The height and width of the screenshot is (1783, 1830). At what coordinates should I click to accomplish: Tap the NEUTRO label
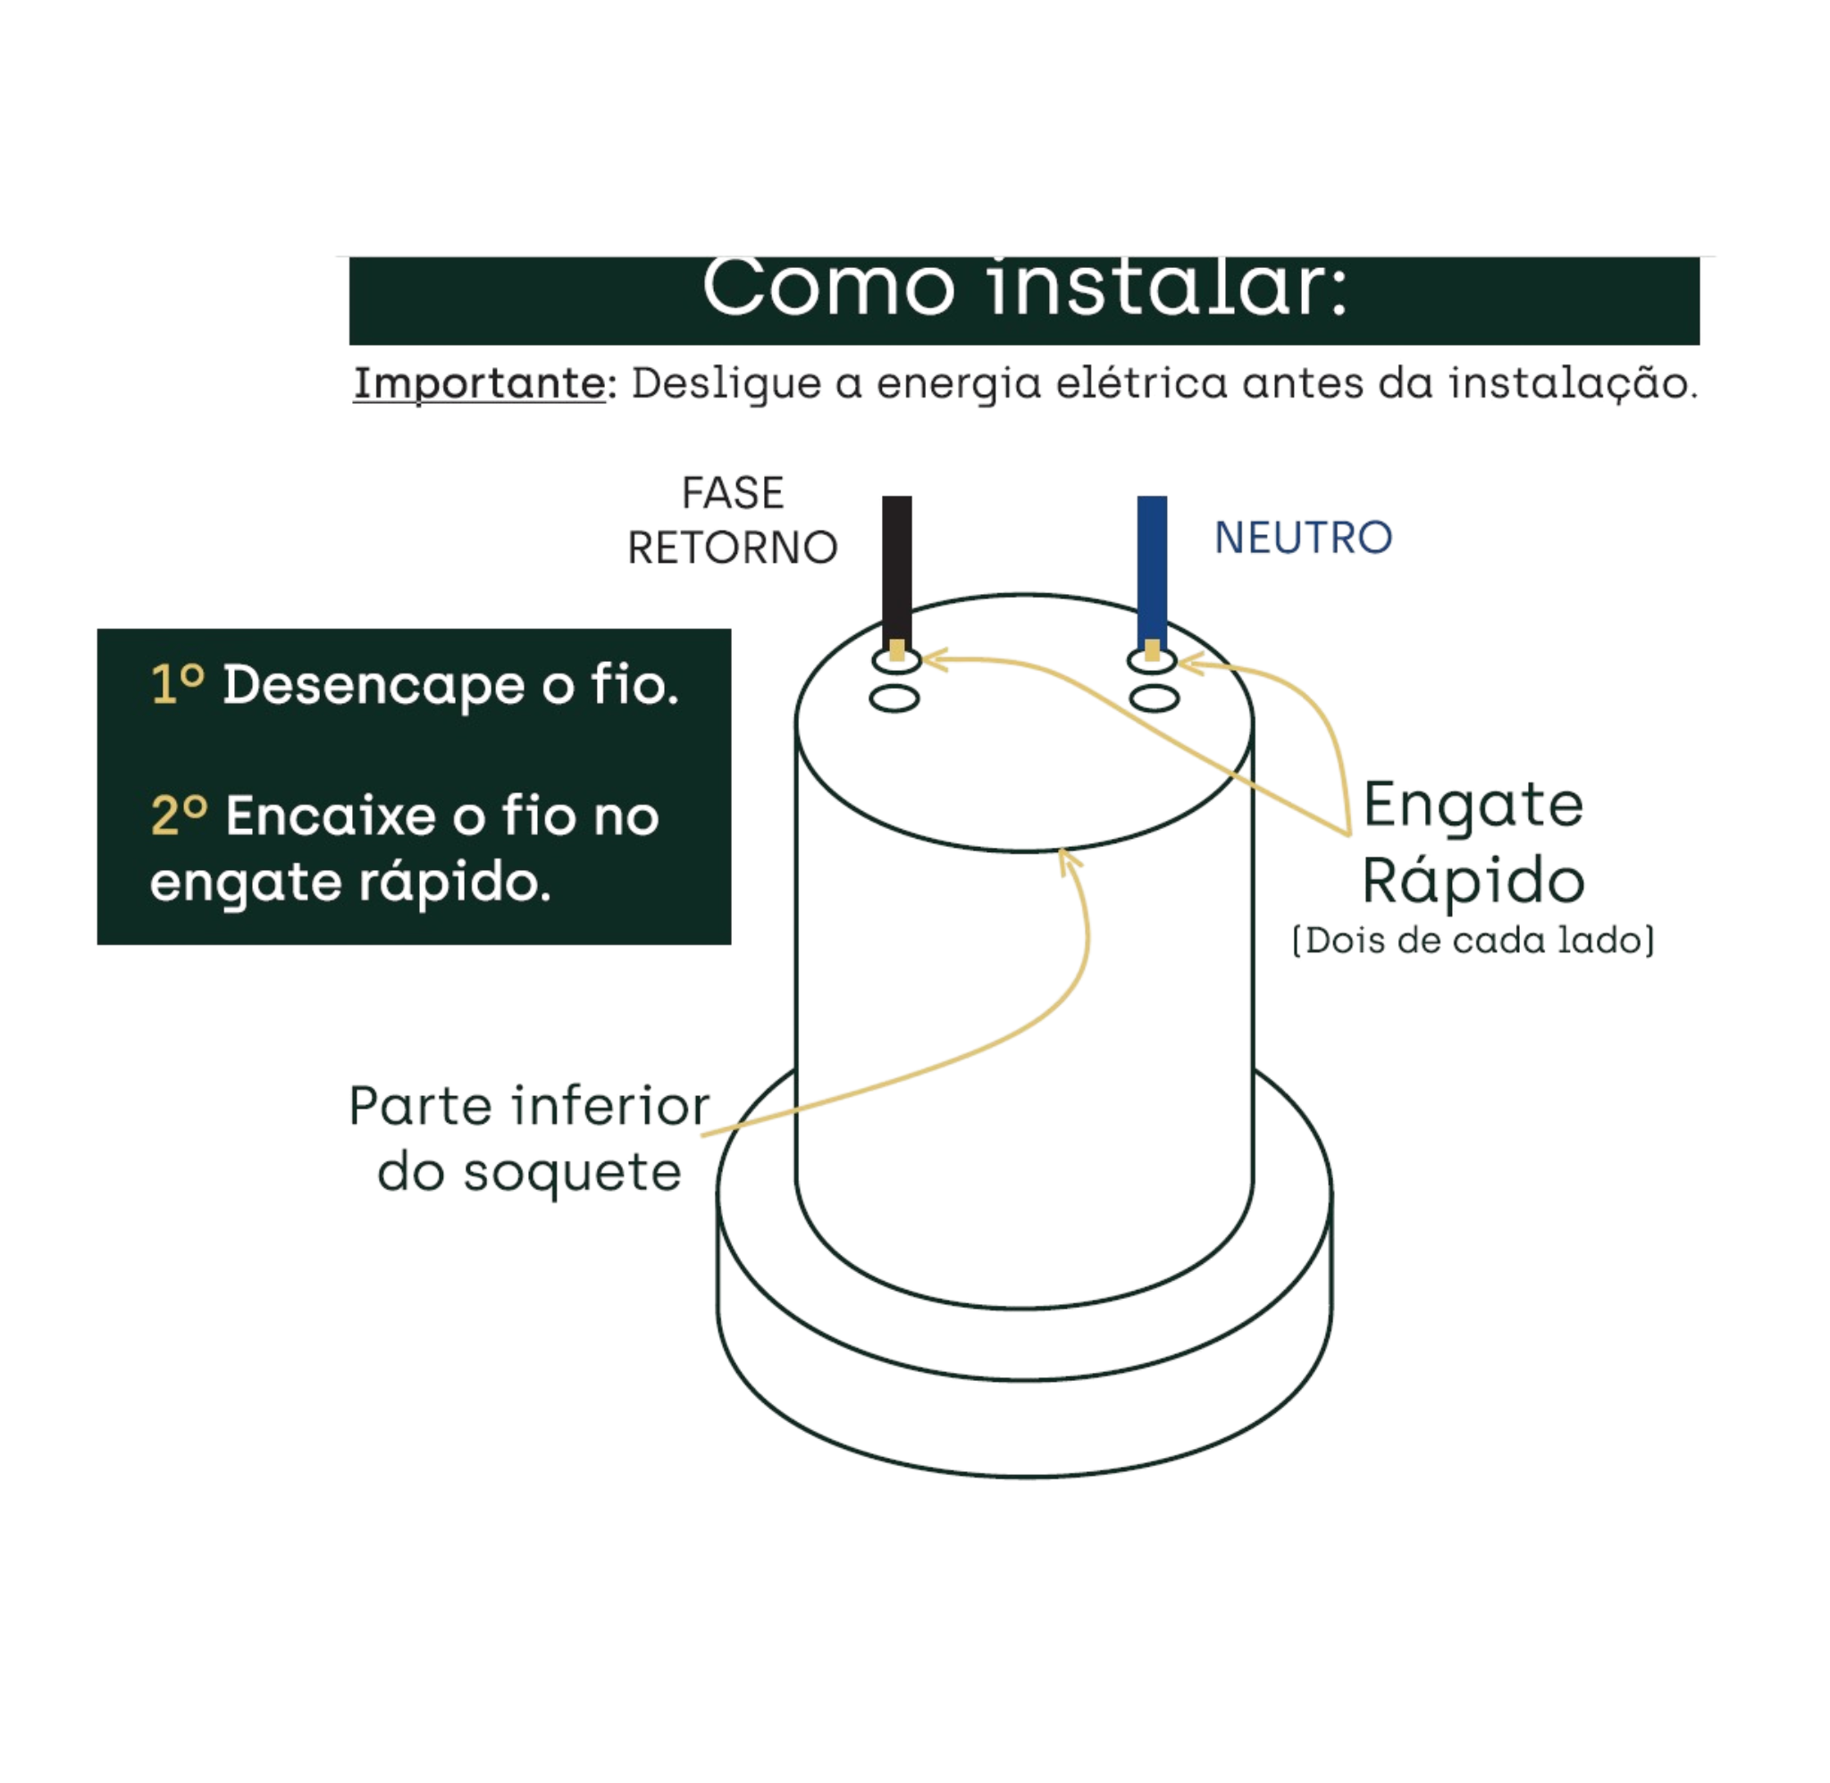coord(1303,538)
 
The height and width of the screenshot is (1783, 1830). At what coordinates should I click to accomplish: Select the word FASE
coord(733,492)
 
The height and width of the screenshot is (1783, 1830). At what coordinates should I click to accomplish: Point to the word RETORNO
coord(733,548)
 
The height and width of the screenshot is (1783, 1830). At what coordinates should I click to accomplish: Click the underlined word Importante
coord(480,384)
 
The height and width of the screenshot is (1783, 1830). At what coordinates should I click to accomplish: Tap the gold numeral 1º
coord(177,683)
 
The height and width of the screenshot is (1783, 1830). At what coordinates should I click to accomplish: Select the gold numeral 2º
coord(179,815)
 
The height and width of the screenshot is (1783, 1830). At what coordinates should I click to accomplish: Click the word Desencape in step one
coord(374,684)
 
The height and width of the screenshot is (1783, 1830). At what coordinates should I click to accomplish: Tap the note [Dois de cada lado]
coord(1473,941)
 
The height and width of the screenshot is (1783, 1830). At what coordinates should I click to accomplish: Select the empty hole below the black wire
coord(894,699)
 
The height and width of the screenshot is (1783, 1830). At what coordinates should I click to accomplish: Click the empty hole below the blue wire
coord(1154,699)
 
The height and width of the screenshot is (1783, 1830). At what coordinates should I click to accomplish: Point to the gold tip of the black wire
coord(897,650)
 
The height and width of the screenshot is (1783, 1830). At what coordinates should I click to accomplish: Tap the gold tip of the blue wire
coord(1152,650)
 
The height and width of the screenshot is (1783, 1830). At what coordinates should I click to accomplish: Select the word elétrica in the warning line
coord(1140,383)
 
